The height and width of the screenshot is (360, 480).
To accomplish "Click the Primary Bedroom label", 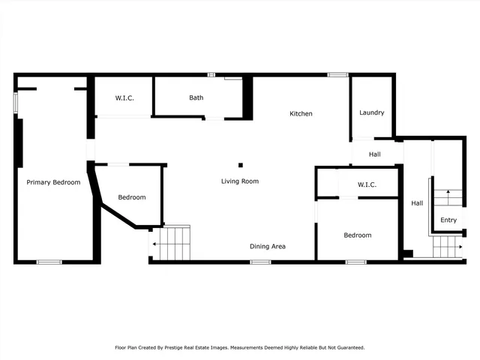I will (x=53, y=182).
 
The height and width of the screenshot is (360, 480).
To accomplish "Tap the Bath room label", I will (x=196, y=97).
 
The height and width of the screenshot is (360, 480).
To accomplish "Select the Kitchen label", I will (x=301, y=114).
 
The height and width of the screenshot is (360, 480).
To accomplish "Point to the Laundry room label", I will (x=372, y=113).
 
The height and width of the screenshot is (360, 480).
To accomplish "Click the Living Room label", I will (x=239, y=181).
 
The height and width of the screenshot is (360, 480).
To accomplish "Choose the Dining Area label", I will (x=267, y=246).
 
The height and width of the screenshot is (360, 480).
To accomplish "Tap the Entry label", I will (x=448, y=220).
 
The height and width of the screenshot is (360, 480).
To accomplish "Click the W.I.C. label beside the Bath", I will (x=124, y=98).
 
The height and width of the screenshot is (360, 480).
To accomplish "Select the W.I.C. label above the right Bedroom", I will (x=367, y=184).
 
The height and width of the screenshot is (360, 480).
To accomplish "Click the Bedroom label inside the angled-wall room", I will (x=132, y=197).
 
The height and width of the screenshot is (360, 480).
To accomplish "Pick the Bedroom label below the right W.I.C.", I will (x=357, y=235).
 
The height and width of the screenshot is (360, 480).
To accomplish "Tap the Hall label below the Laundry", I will (x=375, y=154).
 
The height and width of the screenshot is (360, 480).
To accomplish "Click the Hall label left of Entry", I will (x=417, y=203).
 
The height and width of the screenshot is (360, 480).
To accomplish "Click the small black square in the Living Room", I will (x=241, y=165).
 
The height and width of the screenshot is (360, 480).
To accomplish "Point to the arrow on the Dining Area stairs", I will (x=154, y=244).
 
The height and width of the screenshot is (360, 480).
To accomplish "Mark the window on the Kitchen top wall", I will (x=337, y=74).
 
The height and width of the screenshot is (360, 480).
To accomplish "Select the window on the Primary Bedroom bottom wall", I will (x=49, y=262).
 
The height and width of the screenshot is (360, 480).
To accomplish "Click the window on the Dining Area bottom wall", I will (x=260, y=262).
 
